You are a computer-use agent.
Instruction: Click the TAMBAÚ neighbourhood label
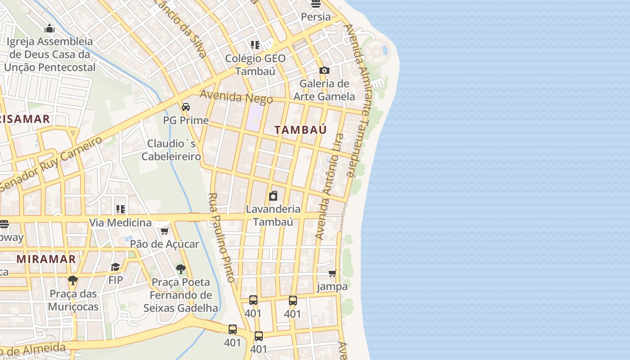point(301,130)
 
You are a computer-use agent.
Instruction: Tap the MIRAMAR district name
point(46,259)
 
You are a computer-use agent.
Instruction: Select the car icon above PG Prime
point(185,107)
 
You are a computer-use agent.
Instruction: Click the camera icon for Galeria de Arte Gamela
point(324,70)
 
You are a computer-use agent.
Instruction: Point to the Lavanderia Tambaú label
point(273,215)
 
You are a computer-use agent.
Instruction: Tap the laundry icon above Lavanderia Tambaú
point(273,196)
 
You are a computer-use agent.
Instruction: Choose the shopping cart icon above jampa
point(333,273)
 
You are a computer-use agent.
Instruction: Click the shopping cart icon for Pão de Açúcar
point(164,231)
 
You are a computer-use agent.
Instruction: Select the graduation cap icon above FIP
point(116,267)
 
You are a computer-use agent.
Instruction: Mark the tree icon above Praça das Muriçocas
point(72,280)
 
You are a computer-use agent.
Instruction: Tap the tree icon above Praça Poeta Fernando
point(181,269)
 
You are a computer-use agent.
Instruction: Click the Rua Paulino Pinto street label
point(222,238)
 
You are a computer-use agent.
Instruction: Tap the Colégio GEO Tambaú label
point(255,64)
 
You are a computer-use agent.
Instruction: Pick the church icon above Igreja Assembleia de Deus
point(49,29)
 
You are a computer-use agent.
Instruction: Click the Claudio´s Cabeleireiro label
point(171,150)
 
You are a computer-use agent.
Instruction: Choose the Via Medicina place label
point(120,222)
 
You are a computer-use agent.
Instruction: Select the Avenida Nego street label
point(236,97)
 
